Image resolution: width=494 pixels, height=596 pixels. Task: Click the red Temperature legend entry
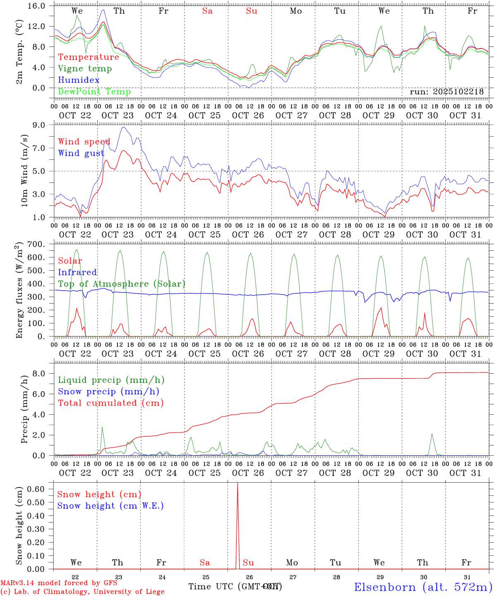[x=89, y=57]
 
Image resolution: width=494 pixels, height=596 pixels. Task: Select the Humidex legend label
[x=79, y=80]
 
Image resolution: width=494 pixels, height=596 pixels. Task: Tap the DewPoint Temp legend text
[x=94, y=91]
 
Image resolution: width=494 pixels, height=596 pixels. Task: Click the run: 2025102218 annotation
[x=446, y=92]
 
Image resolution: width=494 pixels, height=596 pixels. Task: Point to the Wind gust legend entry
[x=81, y=153]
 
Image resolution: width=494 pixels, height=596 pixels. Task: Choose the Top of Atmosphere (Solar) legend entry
[x=121, y=284]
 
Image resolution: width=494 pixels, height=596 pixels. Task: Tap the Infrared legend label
[x=77, y=272]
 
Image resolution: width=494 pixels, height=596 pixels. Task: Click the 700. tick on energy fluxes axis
[x=41, y=244]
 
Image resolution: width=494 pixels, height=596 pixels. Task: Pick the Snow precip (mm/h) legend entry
[x=108, y=392]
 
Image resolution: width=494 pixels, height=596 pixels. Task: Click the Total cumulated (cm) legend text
[x=110, y=403]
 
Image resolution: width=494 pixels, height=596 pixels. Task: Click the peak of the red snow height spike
[x=237, y=483]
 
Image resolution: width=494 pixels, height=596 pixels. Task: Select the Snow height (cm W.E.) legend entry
[x=110, y=506]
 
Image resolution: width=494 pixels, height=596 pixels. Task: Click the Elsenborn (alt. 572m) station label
[x=423, y=586]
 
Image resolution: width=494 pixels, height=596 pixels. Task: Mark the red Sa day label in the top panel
[x=207, y=11]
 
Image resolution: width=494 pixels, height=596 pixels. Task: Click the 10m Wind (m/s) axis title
[x=24, y=171]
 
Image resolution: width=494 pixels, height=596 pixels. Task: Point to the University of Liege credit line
[x=82, y=591]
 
